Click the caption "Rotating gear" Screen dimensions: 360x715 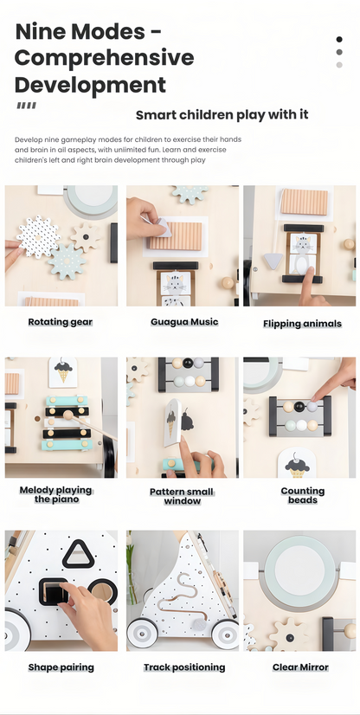61,322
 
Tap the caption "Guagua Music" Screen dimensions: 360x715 184,322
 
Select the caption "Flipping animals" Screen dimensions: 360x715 302,324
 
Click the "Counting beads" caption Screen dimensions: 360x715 303,495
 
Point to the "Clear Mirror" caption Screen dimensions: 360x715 300,667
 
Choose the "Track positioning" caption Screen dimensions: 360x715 184,667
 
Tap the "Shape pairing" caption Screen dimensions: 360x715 61,667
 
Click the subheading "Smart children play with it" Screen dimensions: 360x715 222,114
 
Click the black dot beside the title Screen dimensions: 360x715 339,39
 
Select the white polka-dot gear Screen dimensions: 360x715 38,236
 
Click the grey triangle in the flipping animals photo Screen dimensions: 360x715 273,261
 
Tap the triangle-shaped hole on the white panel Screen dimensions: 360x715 79,555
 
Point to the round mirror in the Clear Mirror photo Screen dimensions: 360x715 299,570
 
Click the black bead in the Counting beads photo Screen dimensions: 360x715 299,406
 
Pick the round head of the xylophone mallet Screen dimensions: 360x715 68,415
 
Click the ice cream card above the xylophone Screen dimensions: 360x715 63,372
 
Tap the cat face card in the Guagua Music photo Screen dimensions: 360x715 176,283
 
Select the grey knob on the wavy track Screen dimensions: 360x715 199,623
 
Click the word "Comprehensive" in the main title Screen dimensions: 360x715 105,58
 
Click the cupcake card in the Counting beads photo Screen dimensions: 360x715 297,464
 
